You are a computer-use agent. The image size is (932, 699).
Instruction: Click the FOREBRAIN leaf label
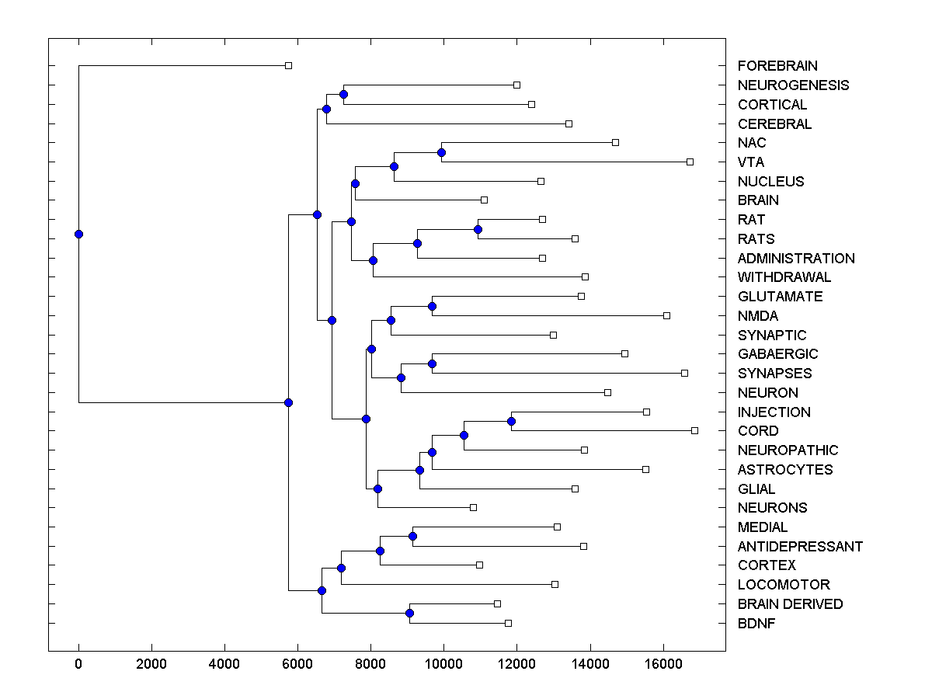click(777, 66)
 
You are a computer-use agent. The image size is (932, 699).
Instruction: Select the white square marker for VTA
click(690, 162)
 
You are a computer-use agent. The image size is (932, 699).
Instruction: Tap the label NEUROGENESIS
click(793, 85)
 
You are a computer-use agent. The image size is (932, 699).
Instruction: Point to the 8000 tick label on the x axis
click(370, 664)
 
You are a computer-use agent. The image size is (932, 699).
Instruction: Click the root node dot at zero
click(78, 234)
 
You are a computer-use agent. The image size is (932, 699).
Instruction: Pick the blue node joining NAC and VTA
click(441, 152)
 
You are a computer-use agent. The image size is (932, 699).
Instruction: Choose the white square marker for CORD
click(694, 430)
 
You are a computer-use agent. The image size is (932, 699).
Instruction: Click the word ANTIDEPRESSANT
click(800, 546)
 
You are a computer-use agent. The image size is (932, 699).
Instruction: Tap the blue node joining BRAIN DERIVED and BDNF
click(409, 613)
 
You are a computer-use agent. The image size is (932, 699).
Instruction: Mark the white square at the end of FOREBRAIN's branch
click(288, 65)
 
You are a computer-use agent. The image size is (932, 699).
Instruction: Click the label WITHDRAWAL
click(784, 277)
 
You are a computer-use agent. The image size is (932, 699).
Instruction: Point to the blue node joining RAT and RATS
click(478, 229)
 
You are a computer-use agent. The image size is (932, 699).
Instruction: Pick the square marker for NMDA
click(666, 315)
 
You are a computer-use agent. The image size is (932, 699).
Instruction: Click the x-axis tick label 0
click(78, 664)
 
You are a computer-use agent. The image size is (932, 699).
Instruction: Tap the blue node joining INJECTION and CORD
click(511, 421)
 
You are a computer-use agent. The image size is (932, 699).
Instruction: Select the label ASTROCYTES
click(785, 469)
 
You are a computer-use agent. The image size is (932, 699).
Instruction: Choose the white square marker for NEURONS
click(473, 507)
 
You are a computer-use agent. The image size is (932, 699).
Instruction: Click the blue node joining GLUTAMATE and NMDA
click(432, 306)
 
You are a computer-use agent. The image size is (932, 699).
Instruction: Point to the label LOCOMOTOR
click(784, 584)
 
